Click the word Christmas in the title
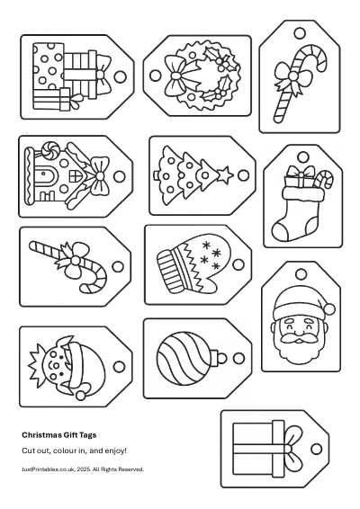click(x=41, y=434)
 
